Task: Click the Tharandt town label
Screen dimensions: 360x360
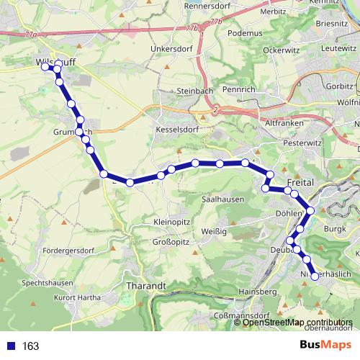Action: pyautogui.click(x=146, y=286)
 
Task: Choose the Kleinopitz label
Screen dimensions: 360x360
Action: pyautogui.click(x=171, y=222)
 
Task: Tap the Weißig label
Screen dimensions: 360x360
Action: pyautogui.click(x=215, y=231)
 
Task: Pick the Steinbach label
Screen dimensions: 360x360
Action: pyautogui.click(x=194, y=92)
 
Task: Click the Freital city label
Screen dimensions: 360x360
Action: pyautogui.click(x=298, y=184)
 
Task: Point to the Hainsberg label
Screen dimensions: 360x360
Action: pyautogui.click(x=257, y=292)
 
